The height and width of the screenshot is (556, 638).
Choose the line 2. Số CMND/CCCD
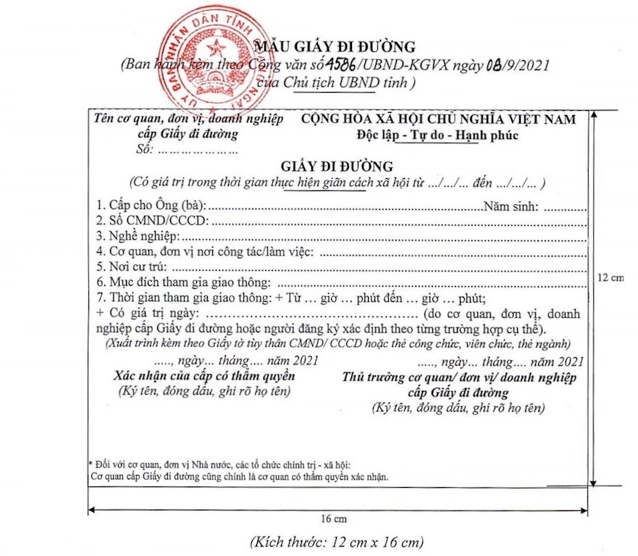(151, 220)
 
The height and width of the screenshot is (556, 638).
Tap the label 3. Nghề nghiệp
(137, 236)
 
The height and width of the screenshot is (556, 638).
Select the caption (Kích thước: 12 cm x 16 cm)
(336, 542)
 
